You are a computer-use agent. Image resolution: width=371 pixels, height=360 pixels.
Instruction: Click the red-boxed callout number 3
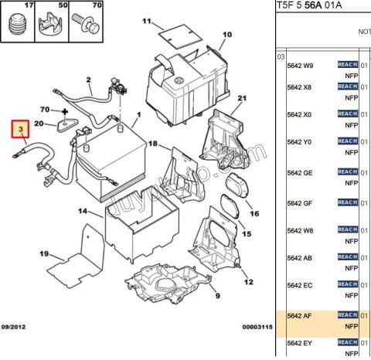[x=20, y=129]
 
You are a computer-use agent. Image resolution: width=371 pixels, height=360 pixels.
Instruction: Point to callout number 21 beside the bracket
[x=241, y=98]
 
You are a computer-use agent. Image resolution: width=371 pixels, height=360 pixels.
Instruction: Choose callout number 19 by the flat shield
[x=45, y=253]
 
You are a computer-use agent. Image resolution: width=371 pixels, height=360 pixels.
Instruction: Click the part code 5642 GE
[x=301, y=173]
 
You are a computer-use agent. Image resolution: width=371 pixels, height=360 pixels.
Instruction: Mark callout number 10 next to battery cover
[x=227, y=36]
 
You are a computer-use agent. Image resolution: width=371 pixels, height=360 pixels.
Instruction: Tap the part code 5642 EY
[x=301, y=342]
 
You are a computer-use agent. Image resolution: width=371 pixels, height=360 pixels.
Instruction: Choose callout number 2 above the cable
[x=89, y=80]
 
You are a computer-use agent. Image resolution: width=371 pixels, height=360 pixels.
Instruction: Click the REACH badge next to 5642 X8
[x=347, y=87]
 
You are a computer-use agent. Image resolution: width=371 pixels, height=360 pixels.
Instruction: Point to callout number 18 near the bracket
[x=152, y=144]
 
